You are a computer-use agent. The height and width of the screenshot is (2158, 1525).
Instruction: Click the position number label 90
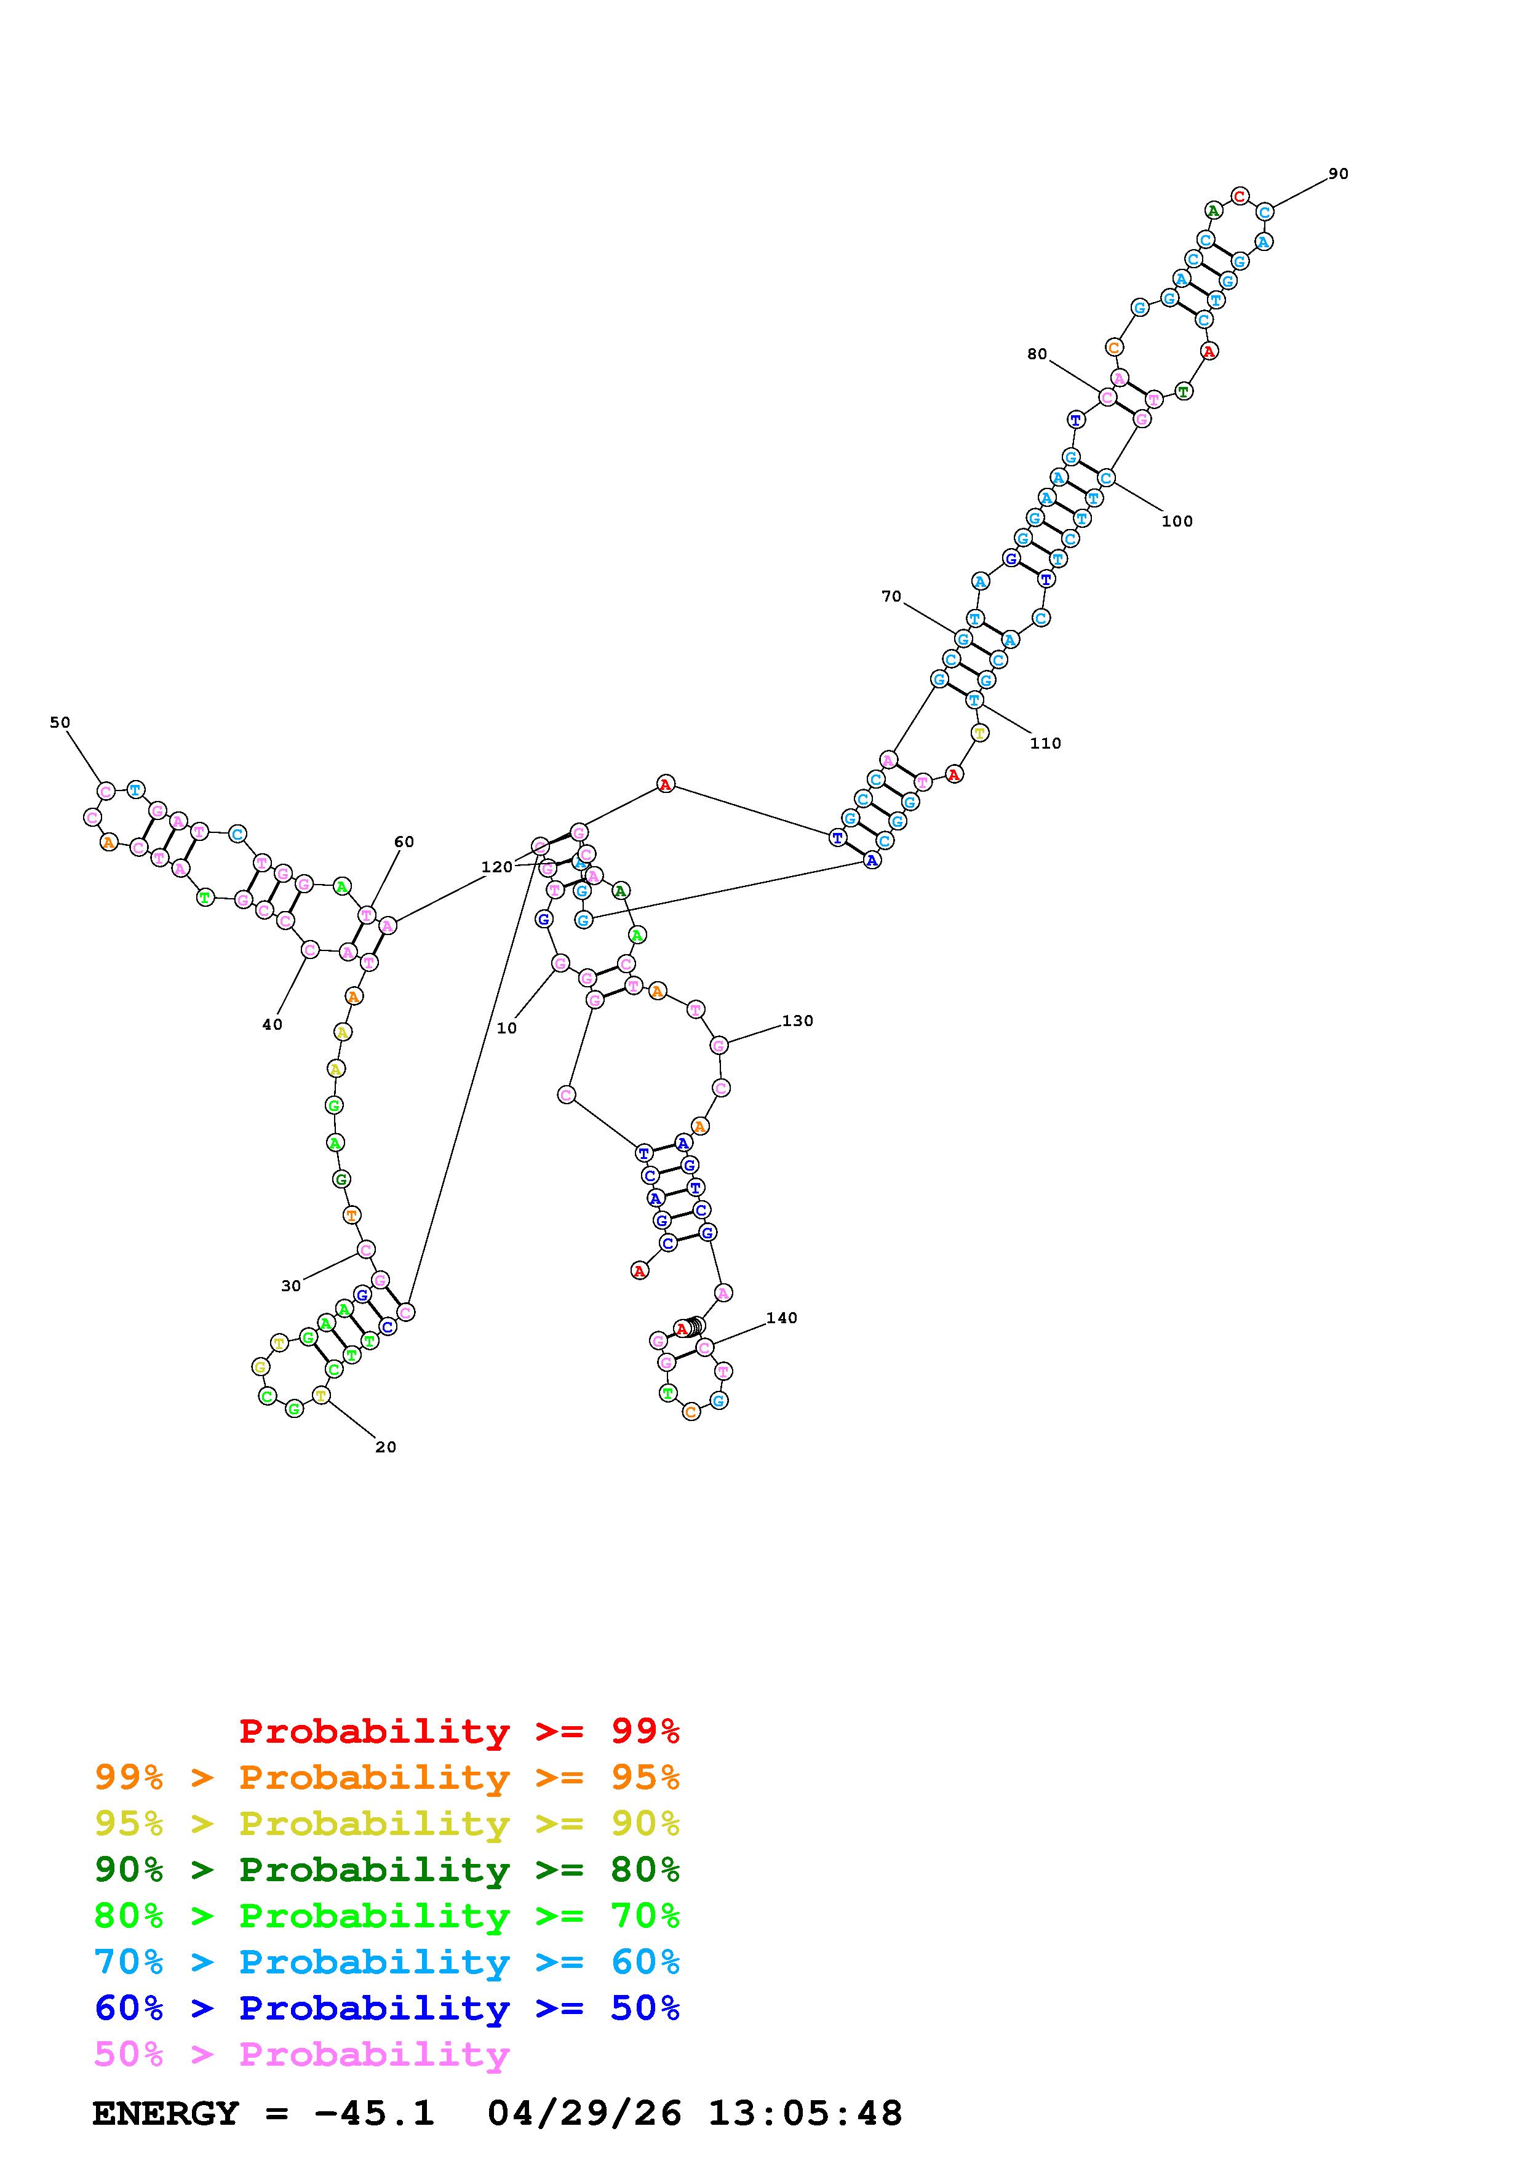point(1338,174)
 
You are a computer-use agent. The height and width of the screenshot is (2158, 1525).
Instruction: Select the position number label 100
point(1176,522)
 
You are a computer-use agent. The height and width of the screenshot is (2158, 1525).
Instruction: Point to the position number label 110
point(1045,744)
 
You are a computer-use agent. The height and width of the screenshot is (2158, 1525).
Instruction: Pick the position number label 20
point(385,1447)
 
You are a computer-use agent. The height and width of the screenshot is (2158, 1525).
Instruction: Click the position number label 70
point(891,597)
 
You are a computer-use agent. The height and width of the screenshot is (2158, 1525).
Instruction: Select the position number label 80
point(1037,354)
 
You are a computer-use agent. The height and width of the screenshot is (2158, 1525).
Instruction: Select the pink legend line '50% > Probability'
point(301,2055)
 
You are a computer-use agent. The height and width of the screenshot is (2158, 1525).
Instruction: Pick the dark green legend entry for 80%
point(387,1869)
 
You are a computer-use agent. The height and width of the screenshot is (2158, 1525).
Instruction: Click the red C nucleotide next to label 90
point(1240,196)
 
